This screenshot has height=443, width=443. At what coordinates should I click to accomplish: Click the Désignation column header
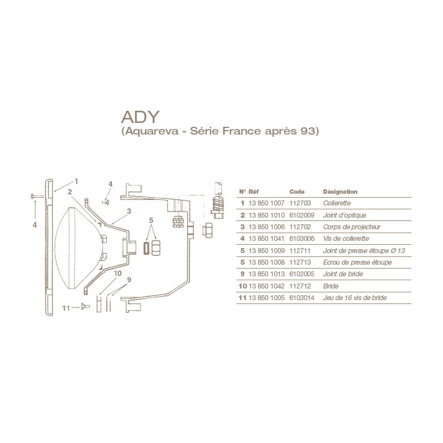tap(340, 191)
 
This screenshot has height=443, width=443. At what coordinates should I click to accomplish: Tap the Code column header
tap(297, 191)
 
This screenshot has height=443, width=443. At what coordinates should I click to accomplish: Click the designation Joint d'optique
tap(344, 215)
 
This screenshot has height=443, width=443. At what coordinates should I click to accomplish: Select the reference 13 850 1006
tap(267, 226)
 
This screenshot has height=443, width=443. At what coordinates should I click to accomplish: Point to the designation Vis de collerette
tap(346, 239)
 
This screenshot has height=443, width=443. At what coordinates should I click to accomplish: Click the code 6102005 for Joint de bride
tap(302, 274)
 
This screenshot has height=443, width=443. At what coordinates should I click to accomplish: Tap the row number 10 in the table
tap(242, 286)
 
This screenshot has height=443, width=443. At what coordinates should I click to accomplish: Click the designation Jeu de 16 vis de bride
tap(354, 298)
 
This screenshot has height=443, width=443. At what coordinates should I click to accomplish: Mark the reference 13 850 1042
tap(267, 286)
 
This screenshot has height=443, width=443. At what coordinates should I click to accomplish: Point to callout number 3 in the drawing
tap(128, 211)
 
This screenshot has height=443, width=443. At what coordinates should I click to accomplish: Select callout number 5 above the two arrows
tap(150, 220)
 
